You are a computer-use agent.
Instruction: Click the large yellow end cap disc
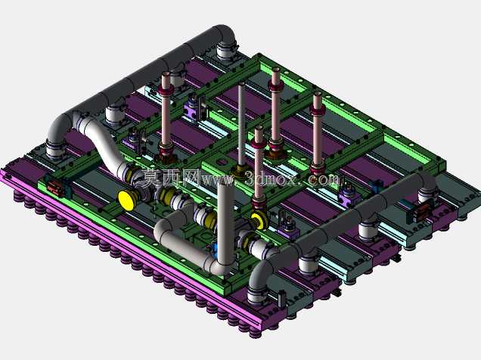(x=126, y=200)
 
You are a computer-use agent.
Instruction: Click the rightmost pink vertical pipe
(x=317, y=135)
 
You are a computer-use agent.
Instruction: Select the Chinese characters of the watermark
(x=171, y=178)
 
